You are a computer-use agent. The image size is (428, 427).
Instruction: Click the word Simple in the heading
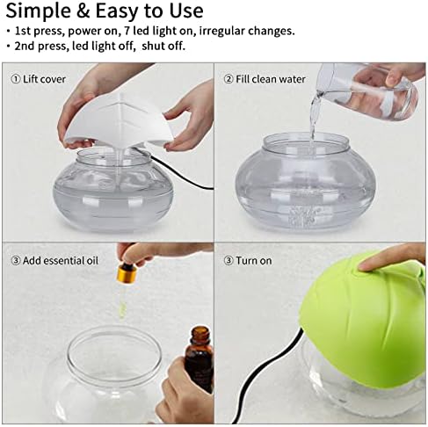click(39, 11)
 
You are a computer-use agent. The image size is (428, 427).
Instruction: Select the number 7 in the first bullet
click(127, 31)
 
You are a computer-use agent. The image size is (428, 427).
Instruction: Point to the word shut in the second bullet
click(152, 46)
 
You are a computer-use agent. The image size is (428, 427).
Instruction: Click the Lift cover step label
click(38, 79)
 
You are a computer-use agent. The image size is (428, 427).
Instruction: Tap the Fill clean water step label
click(265, 79)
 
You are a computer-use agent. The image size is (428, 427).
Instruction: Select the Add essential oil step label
click(54, 260)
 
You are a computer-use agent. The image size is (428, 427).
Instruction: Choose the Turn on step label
click(248, 260)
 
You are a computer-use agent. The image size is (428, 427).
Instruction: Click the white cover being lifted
click(117, 120)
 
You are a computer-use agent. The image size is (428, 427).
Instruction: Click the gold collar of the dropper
click(125, 274)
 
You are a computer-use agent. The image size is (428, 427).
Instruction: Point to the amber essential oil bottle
click(200, 358)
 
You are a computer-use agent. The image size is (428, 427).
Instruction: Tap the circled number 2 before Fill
click(229, 79)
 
